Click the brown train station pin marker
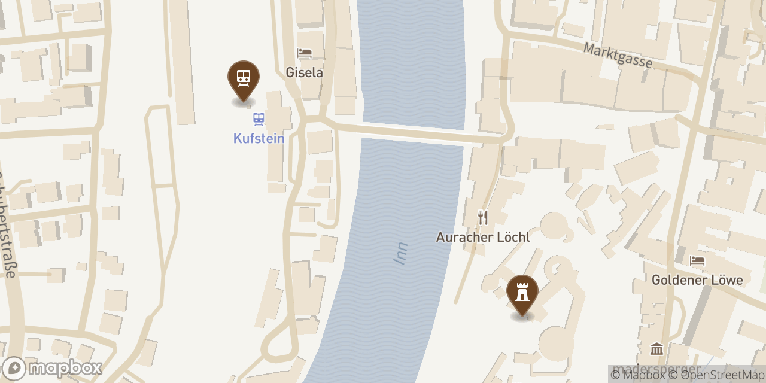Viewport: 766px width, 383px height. click(x=244, y=79)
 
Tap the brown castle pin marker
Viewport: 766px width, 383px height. click(x=522, y=293)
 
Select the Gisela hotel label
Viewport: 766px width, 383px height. click(x=304, y=72)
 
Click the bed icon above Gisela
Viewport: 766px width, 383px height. click(x=304, y=53)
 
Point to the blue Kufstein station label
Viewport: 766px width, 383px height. click(x=259, y=138)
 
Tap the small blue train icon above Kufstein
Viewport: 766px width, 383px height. click(x=259, y=118)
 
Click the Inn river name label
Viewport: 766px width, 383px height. click(x=400, y=253)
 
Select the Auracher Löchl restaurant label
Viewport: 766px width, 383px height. click(x=483, y=237)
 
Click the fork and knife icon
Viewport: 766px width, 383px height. click(x=483, y=217)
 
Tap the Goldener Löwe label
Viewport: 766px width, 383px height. click(x=697, y=279)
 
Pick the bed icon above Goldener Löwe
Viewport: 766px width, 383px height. click(x=697, y=260)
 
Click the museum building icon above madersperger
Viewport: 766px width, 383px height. click(x=656, y=349)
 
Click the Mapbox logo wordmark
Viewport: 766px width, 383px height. click(x=65, y=368)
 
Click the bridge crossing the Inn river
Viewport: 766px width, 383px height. click(x=413, y=133)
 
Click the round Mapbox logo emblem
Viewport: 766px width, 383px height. click(x=14, y=368)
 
